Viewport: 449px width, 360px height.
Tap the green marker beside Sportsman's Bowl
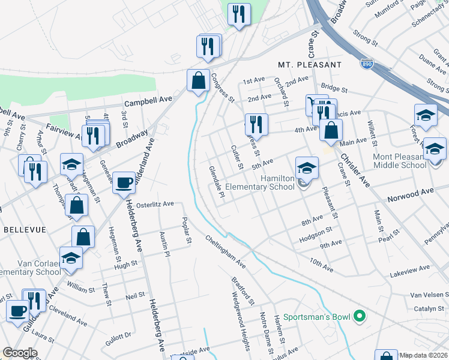click(x=360, y=316)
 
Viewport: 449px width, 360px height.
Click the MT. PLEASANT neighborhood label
click(x=310, y=64)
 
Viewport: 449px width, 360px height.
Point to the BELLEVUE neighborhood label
click(x=21, y=229)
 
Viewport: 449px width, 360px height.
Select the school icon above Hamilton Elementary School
click(x=306, y=167)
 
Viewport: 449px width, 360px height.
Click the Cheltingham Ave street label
click(x=226, y=252)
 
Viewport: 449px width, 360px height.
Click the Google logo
click(x=20, y=353)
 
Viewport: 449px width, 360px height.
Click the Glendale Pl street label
click(x=216, y=182)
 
